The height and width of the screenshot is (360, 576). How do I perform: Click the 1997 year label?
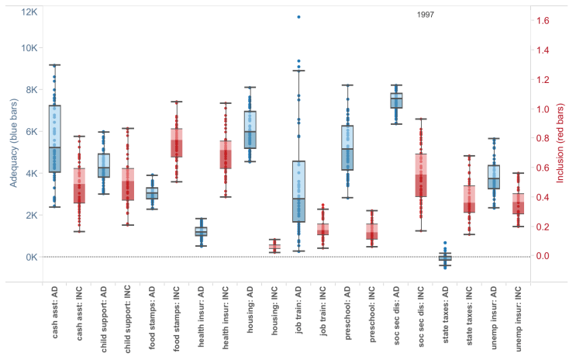click(x=426, y=15)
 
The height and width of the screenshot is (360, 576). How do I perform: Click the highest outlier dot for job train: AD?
click(x=298, y=16)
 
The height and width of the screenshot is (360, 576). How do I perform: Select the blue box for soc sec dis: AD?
click(x=396, y=101)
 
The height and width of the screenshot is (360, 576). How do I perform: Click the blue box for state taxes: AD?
click(x=445, y=257)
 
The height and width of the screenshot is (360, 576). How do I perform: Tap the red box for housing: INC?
click(x=274, y=247)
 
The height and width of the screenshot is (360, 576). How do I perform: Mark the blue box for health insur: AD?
click(x=201, y=231)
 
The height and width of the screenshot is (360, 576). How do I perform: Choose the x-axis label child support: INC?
click(x=128, y=317)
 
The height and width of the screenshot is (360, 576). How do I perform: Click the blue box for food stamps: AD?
click(x=153, y=193)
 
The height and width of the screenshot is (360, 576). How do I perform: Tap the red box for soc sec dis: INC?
click(x=421, y=175)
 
